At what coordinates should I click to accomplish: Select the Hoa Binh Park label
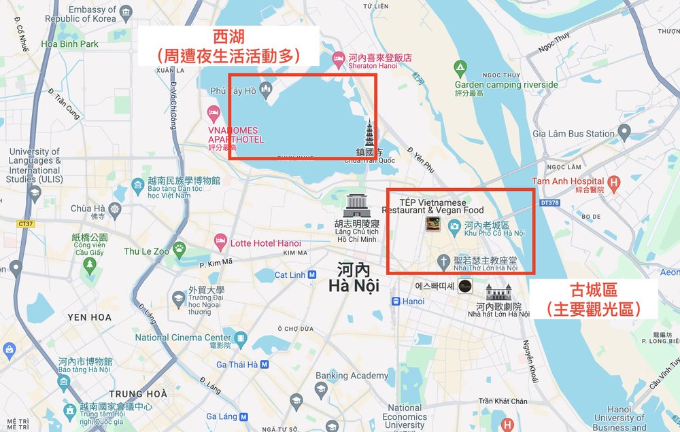pos(69,44)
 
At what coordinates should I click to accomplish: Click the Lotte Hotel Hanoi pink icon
pos(220,240)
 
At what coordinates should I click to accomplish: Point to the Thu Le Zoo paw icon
pos(180,251)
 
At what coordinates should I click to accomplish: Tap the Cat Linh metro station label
pos(290,275)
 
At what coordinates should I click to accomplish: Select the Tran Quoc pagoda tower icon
pos(370,132)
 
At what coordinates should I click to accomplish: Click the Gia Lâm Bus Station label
pos(573,134)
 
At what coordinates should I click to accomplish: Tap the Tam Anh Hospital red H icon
pos(615,181)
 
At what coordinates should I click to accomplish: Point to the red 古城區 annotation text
pos(594,290)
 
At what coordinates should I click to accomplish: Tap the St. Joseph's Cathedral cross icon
pos(443,262)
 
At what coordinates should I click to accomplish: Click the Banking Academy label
pos(352,376)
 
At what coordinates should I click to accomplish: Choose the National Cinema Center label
pos(183,338)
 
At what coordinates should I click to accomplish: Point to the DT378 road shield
pos(549,202)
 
